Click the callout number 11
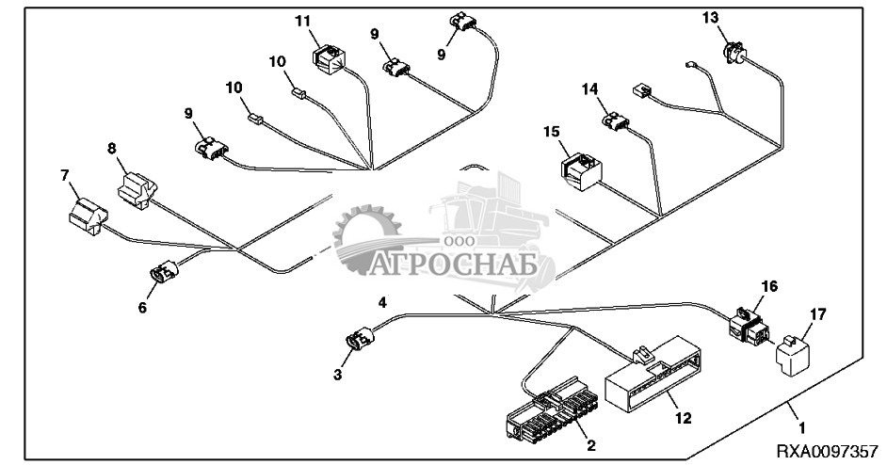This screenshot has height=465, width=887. (303, 22)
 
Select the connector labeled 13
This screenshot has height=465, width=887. (734, 53)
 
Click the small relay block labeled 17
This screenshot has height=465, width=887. (792, 355)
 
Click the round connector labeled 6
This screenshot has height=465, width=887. (164, 271)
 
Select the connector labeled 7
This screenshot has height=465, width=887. (89, 216)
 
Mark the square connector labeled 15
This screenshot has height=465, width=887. (581, 171)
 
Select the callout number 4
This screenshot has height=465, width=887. (382, 303)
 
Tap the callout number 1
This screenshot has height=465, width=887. (800, 428)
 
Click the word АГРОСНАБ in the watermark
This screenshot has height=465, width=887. (453, 265)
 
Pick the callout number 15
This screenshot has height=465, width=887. (552, 132)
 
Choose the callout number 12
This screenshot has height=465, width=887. (684, 419)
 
